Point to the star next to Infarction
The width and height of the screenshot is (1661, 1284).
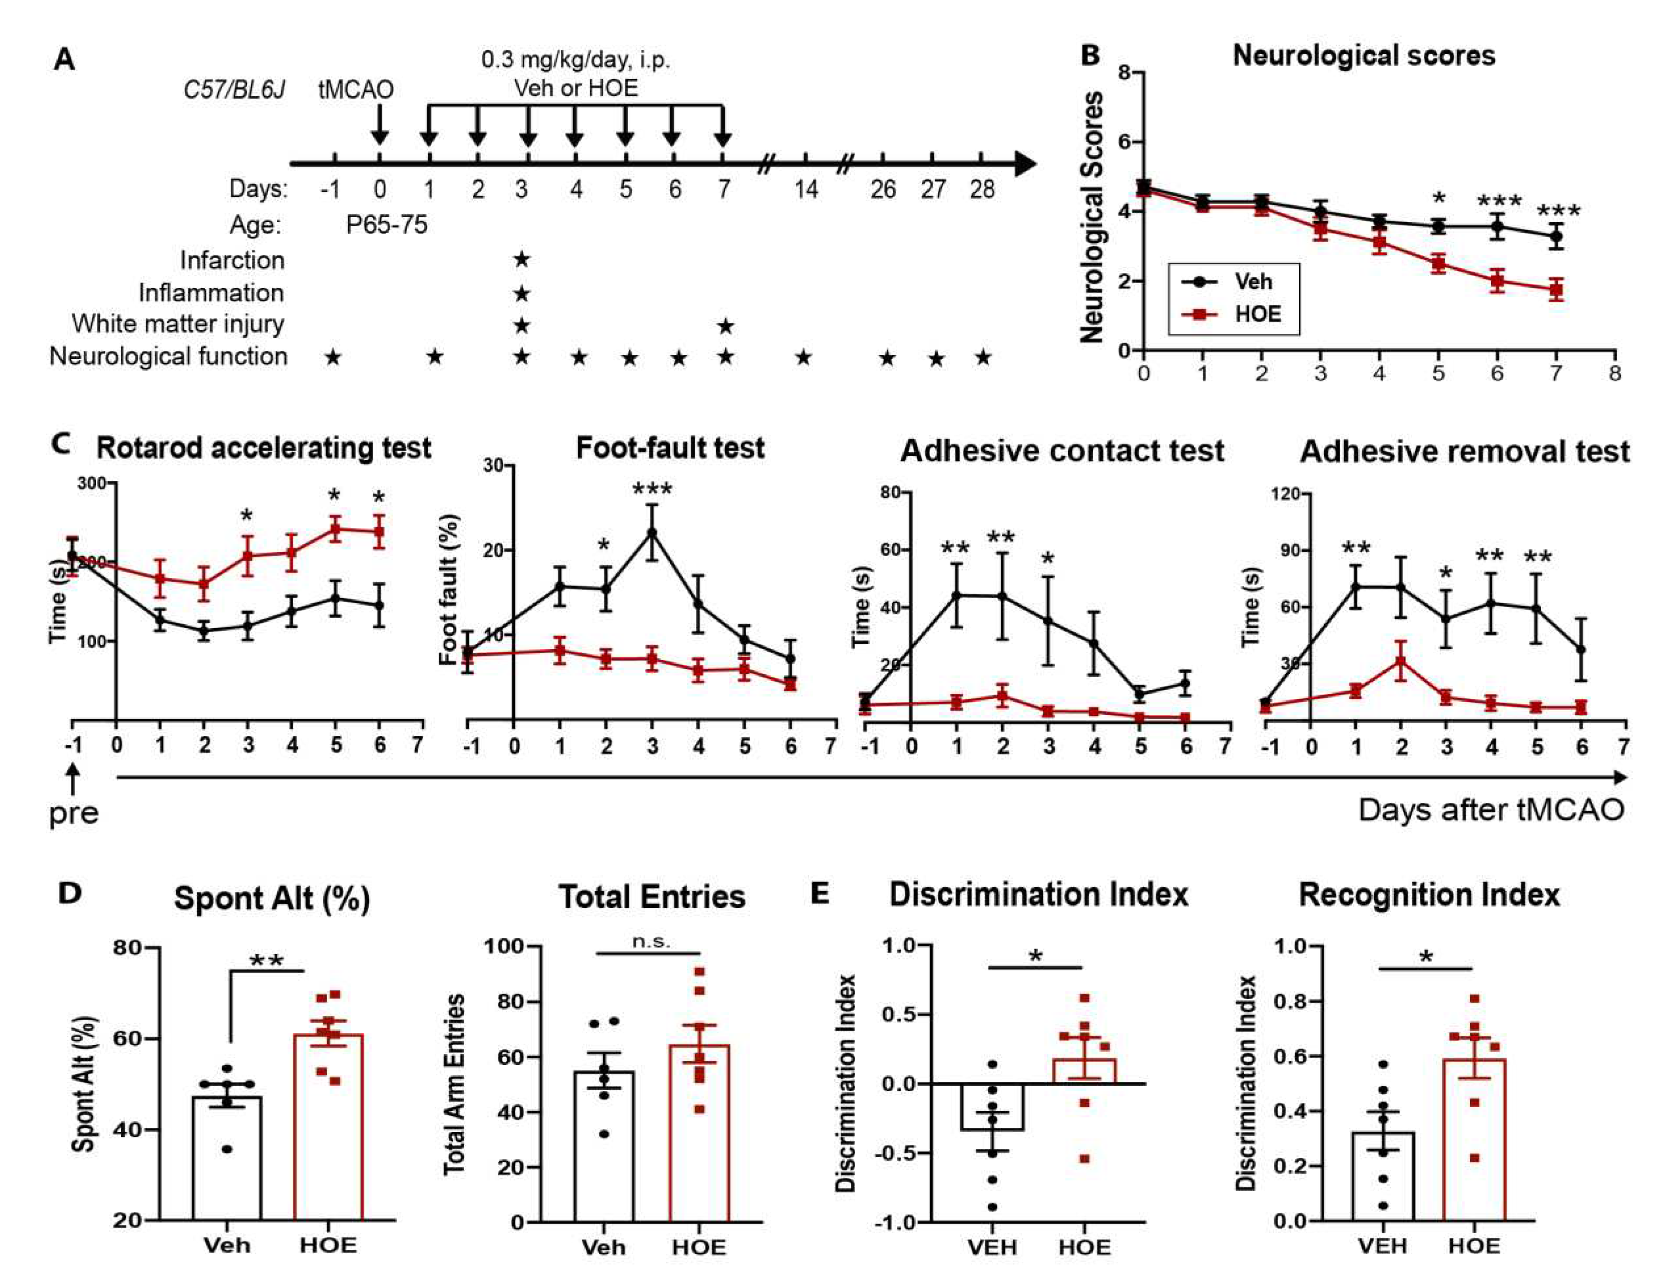tap(521, 260)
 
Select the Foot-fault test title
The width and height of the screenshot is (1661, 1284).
tap(670, 448)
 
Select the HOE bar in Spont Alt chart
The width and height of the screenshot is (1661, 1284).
tap(328, 1126)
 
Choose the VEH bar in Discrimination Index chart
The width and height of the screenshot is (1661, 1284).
tap(993, 1107)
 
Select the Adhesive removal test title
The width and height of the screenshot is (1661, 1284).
tap(1465, 452)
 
